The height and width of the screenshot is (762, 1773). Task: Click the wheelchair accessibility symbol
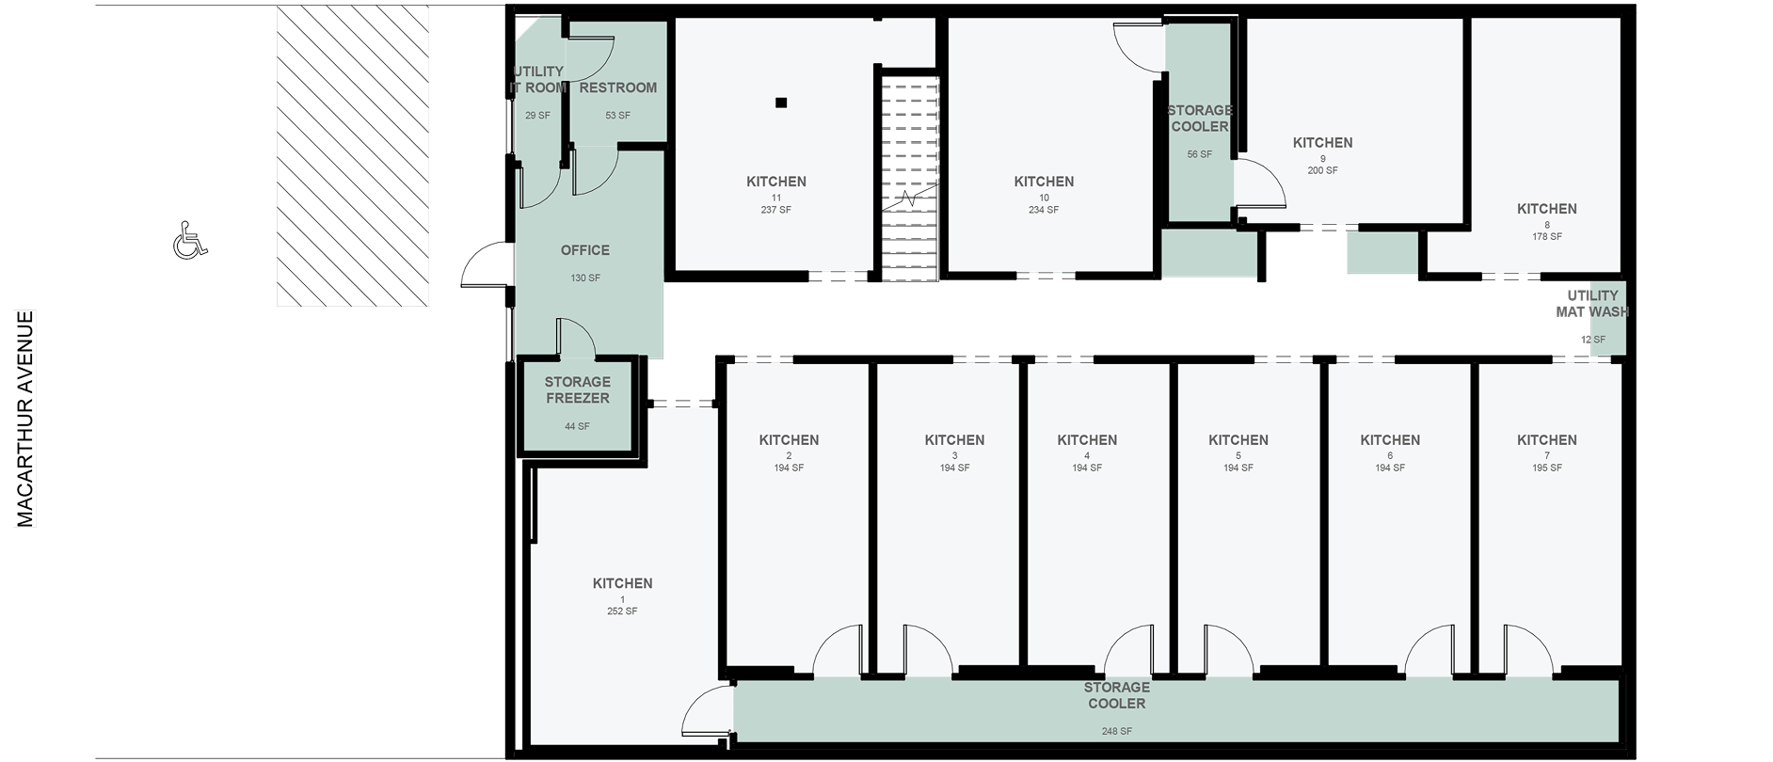190,240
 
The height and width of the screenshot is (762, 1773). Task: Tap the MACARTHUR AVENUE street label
25,419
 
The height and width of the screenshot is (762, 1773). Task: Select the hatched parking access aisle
353,155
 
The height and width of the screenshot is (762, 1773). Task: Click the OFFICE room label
585,250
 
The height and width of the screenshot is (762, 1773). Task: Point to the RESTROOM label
618,87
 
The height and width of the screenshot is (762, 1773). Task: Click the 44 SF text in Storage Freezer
577,426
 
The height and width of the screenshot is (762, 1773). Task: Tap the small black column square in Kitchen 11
781,103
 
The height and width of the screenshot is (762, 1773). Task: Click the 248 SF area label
1117,731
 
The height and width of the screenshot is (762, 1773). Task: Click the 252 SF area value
622,611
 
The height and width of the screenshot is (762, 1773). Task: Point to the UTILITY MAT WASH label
1592,303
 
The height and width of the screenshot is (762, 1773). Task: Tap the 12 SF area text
1593,340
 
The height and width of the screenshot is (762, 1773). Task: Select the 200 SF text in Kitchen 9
1322,170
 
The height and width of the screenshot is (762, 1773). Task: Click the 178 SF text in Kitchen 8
1547,236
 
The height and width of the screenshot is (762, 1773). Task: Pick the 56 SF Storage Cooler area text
1199,154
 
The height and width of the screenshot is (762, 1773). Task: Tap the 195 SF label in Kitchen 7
1547,468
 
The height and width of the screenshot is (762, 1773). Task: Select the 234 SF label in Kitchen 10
1044,210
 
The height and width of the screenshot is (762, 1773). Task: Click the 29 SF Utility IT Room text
537,116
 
